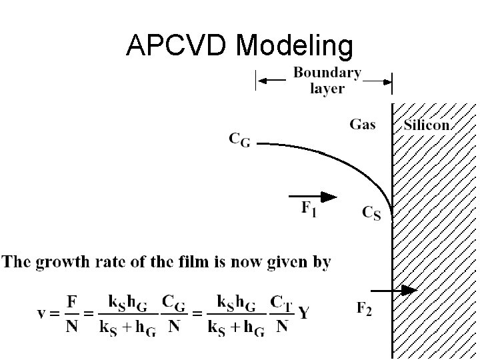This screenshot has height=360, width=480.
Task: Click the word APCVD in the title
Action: pyautogui.click(x=177, y=45)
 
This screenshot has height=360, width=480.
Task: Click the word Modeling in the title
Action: pyautogui.click(x=293, y=45)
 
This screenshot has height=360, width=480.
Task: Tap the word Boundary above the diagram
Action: pyautogui.click(x=327, y=73)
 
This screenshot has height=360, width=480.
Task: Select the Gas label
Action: pyautogui.click(x=362, y=124)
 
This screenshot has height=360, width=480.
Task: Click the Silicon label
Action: pyautogui.click(x=427, y=125)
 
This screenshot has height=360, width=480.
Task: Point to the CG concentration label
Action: pyautogui.click(x=239, y=140)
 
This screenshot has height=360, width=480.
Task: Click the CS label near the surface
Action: pyautogui.click(x=371, y=213)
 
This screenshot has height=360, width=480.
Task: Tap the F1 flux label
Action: pyautogui.click(x=309, y=209)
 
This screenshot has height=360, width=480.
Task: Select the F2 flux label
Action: pyautogui.click(x=364, y=309)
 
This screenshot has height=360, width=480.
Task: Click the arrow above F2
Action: pyautogui.click(x=393, y=291)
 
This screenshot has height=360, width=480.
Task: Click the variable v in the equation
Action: pyautogui.click(x=41, y=313)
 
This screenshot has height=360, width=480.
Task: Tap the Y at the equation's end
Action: pyautogui.click(x=303, y=313)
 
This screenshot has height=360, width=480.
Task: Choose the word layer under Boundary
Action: pyautogui.click(x=327, y=88)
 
